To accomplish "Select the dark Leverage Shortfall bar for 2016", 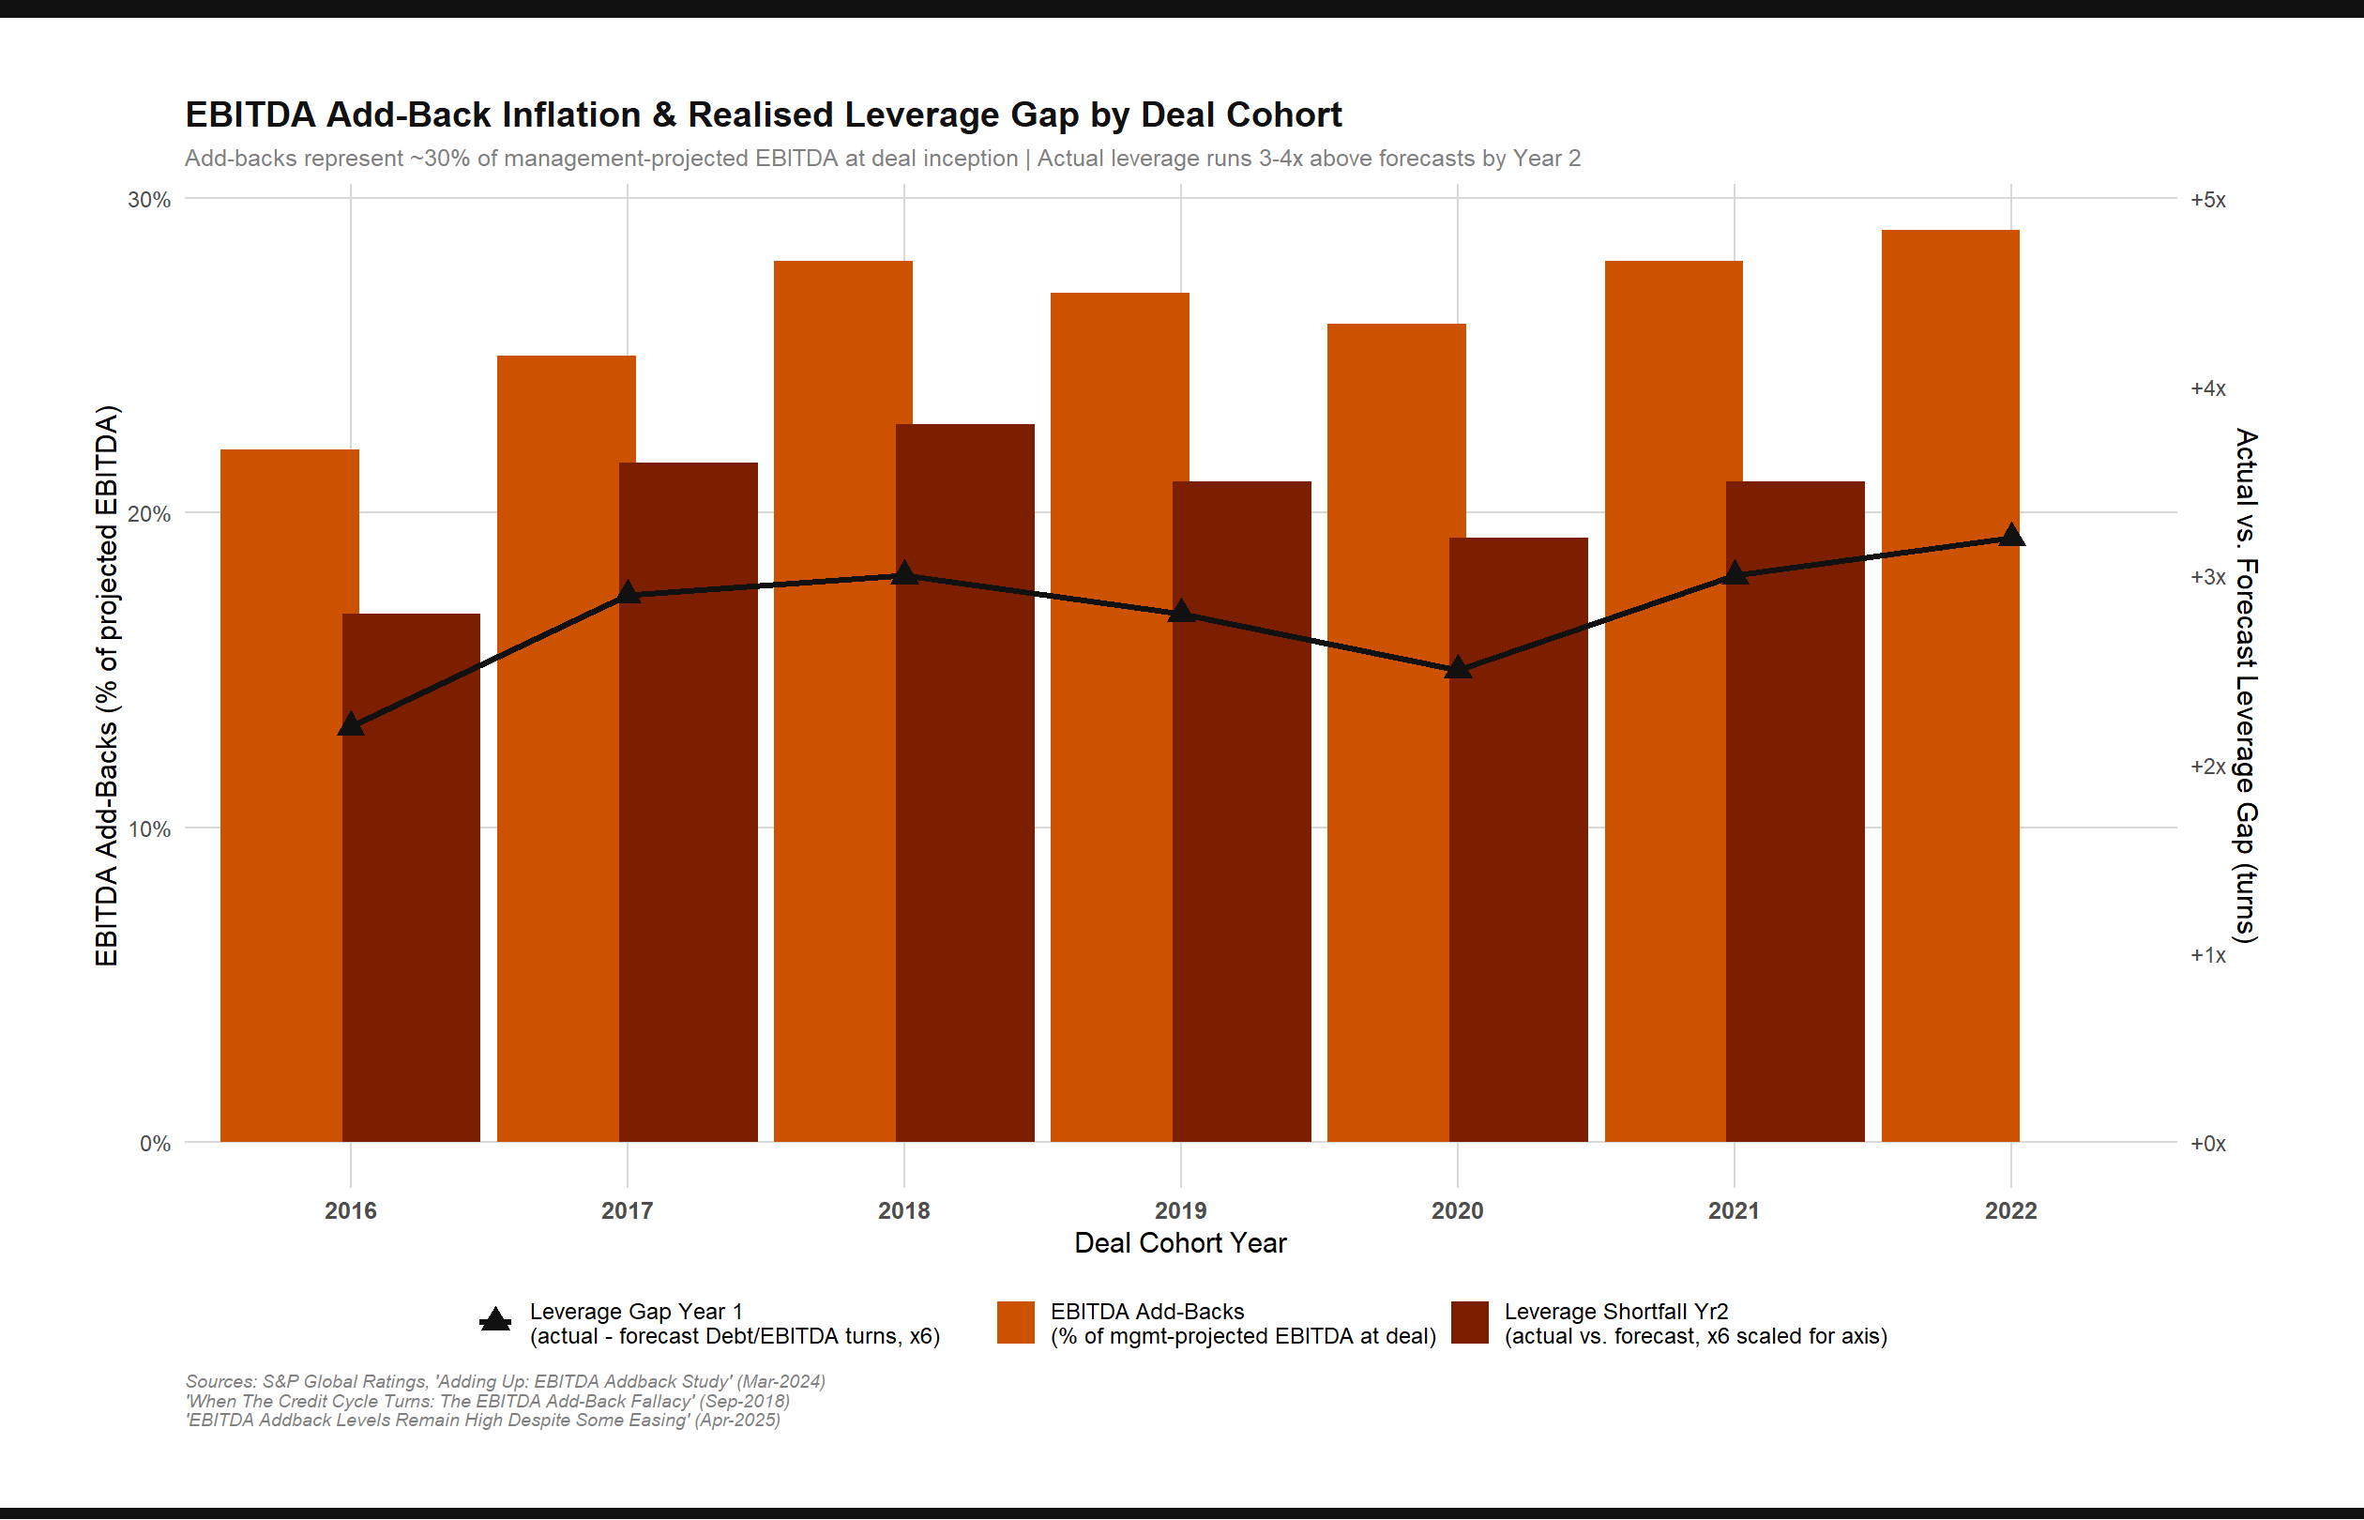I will coord(412,889).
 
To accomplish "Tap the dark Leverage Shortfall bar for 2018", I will coord(965,790).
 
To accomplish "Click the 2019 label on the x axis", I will coord(1180,1210).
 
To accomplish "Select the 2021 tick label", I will coord(1734,1210).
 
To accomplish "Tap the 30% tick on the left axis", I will coord(149,199).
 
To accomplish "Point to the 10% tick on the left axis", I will coord(149,829).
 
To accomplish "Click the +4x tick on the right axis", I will coord(2208,388).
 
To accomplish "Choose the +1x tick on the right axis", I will coord(2208,955).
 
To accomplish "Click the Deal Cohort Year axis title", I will coord(1180,1243).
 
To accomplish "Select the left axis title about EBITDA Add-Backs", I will coord(107,686).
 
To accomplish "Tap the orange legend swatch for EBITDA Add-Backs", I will coord(1015,1323).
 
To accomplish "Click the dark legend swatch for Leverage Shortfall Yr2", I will coord(1469,1323).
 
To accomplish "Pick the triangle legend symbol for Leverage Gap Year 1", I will coord(495,1321).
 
